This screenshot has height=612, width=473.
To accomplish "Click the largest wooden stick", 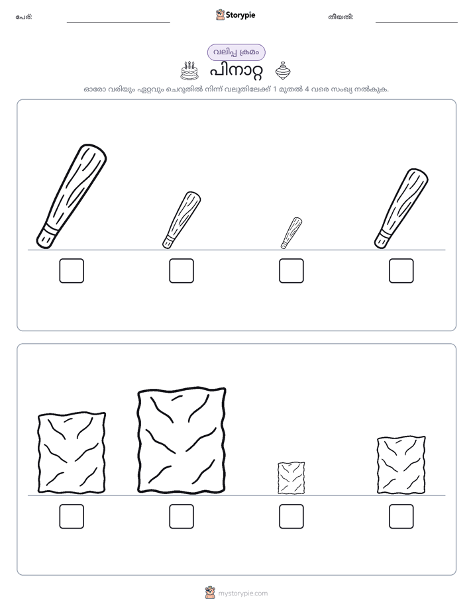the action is [x=72, y=196].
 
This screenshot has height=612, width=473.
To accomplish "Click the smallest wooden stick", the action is [x=291, y=233].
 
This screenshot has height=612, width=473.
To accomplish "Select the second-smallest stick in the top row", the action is [x=182, y=220].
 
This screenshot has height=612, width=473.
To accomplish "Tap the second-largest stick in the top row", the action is [x=401, y=209].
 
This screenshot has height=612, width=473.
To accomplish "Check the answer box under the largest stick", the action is [x=72, y=270].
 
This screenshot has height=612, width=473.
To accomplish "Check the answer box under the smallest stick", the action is [x=291, y=270].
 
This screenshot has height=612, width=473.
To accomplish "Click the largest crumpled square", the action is [x=182, y=440].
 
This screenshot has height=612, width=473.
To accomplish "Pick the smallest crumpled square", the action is [x=291, y=478].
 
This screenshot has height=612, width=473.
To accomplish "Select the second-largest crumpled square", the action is [x=72, y=452].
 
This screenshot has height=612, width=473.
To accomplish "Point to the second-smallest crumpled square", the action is [x=401, y=465].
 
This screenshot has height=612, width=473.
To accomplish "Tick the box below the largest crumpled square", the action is [x=182, y=517].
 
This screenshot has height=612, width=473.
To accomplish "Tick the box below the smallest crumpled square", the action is [x=291, y=517].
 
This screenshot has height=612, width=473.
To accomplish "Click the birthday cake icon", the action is [x=189, y=71].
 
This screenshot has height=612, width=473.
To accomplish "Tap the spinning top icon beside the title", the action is [x=283, y=71].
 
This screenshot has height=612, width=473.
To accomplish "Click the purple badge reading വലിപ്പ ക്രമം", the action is [x=236, y=52].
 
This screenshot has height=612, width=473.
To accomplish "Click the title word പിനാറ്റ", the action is [x=236, y=72].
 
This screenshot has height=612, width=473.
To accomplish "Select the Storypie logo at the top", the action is [x=235, y=15].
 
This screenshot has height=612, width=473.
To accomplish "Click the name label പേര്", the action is [x=24, y=17].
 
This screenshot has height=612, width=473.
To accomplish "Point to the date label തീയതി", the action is [x=341, y=17].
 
